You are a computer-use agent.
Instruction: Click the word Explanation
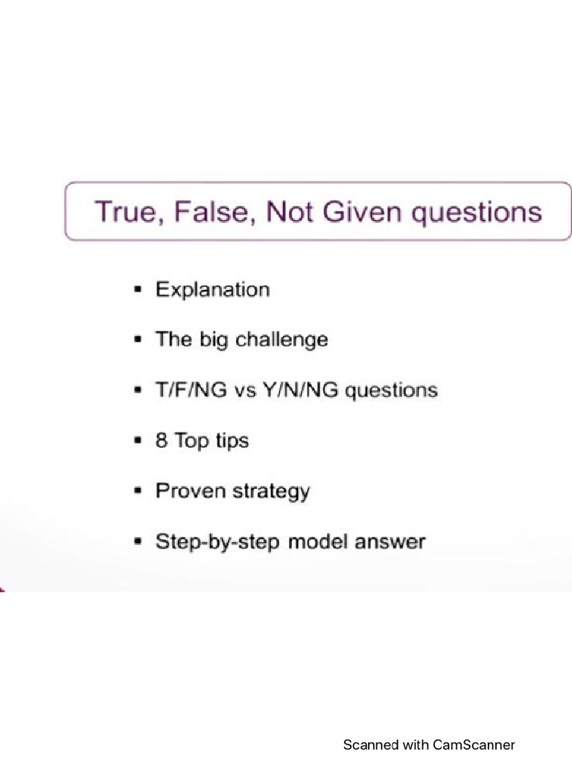click(x=212, y=290)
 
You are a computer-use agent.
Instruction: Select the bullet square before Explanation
click(x=137, y=289)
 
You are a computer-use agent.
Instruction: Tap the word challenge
click(x=282, y=340)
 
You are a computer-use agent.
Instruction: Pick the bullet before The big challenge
click(x=137, y=340)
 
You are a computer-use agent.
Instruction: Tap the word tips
click(x=232, y=441)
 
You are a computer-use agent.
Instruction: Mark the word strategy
click(x=270, y=492)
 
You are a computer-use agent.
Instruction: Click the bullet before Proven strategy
click(x=137, y=491)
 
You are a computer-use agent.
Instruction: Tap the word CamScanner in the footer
click(x=474, y=744)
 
